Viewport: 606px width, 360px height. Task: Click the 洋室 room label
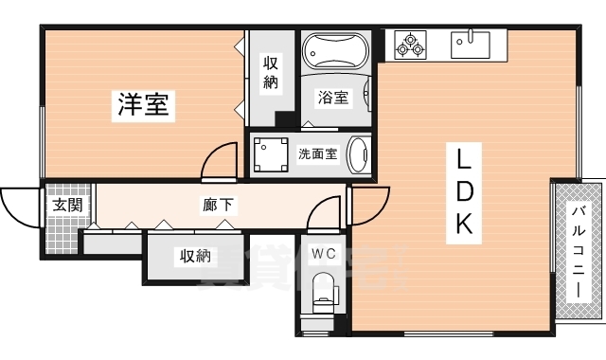coord(144,105)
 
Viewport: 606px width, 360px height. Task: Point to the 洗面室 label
coord(317,153)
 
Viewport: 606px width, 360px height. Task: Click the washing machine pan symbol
coord(273,153)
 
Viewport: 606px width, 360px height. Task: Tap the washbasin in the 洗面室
coord(359,154)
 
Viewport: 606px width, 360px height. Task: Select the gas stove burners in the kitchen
coord(412,43)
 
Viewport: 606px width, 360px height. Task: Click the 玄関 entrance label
coord(65,204)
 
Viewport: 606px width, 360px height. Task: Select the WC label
coord(323,253)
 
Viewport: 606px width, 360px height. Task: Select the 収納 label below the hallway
coord(192,256)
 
